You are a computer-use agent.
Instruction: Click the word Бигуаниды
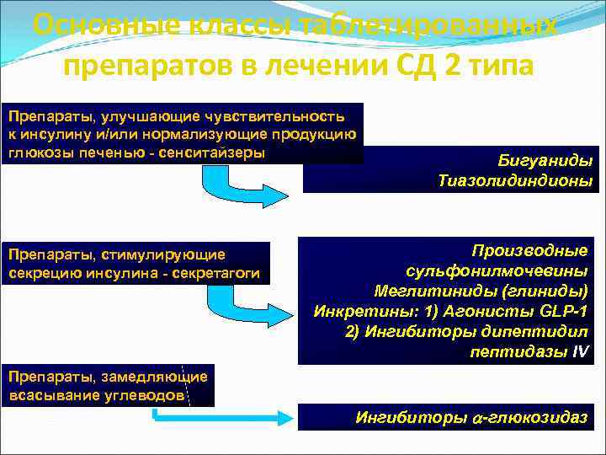pyautogui.click(x=545, y=160)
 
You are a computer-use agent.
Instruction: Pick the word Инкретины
pyautogui.click(x=353, y=310)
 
